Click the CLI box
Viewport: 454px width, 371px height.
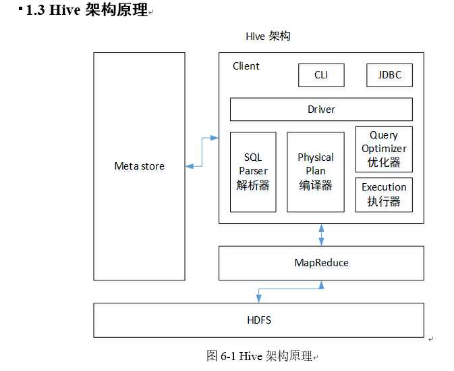click(x=321, y=75)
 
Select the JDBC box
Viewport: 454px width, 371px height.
click(x=389, y=75)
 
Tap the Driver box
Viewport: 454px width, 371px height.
click(x=321, y=109)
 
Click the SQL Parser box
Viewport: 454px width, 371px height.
click(x=253, y=172)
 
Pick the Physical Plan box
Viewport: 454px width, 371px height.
click(x=316, y=172)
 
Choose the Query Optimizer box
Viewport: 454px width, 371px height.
click(x=384, y=149)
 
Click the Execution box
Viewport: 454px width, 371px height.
click(x=384, y=194)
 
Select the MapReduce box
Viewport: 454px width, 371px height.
click(x=321, y=263)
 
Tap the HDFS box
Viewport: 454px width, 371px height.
click(x=258, y=320)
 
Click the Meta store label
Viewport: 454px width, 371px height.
click(x=139, y=166)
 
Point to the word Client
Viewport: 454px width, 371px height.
click(x=246, y=66)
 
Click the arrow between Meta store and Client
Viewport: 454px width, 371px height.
click(x=202, y=151)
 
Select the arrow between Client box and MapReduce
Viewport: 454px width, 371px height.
click(x=321, y=234)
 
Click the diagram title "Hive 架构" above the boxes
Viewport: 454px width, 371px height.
click(x=268, y=36)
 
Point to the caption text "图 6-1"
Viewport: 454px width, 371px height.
click(x=221, y=355)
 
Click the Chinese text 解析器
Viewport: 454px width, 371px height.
click(x=253, y=185)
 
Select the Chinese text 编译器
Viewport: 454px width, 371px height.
click(x=316, y=185)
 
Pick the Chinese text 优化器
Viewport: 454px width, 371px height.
click(x=384, y=162)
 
